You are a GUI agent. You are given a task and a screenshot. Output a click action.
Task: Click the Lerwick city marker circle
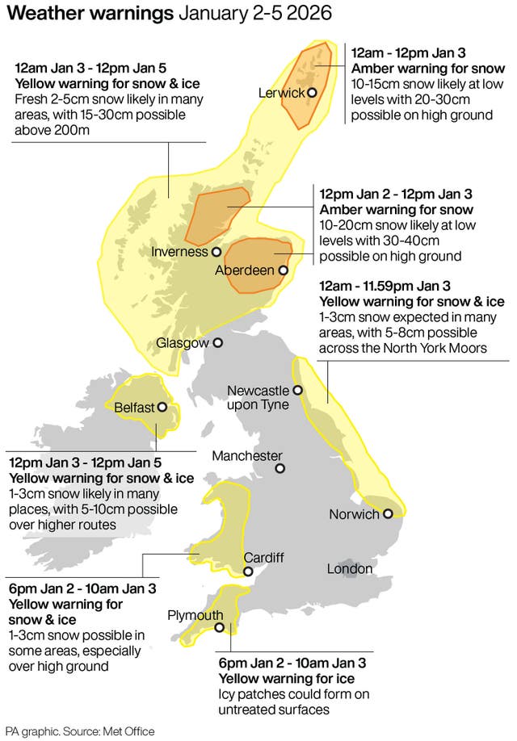[x=312, y=92]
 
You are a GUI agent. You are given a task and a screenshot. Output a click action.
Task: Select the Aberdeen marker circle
[x=283, y=270]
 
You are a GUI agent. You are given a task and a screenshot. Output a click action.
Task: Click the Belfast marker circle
[x=162, y=408]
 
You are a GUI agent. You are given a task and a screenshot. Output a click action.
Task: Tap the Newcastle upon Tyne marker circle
[x=297, y=391]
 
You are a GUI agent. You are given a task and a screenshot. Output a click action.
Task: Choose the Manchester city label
[x=247, y=456]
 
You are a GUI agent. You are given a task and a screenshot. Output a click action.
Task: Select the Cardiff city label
[x=263, y=558]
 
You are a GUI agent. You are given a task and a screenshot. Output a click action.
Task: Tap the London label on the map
[x=350, y=569]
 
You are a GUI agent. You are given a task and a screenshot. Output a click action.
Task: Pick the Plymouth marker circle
[x=219, y=628]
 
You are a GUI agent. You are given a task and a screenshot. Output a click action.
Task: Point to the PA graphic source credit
[x=79, y=731]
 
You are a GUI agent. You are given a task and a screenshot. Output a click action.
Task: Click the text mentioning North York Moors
[x=412, y=348]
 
